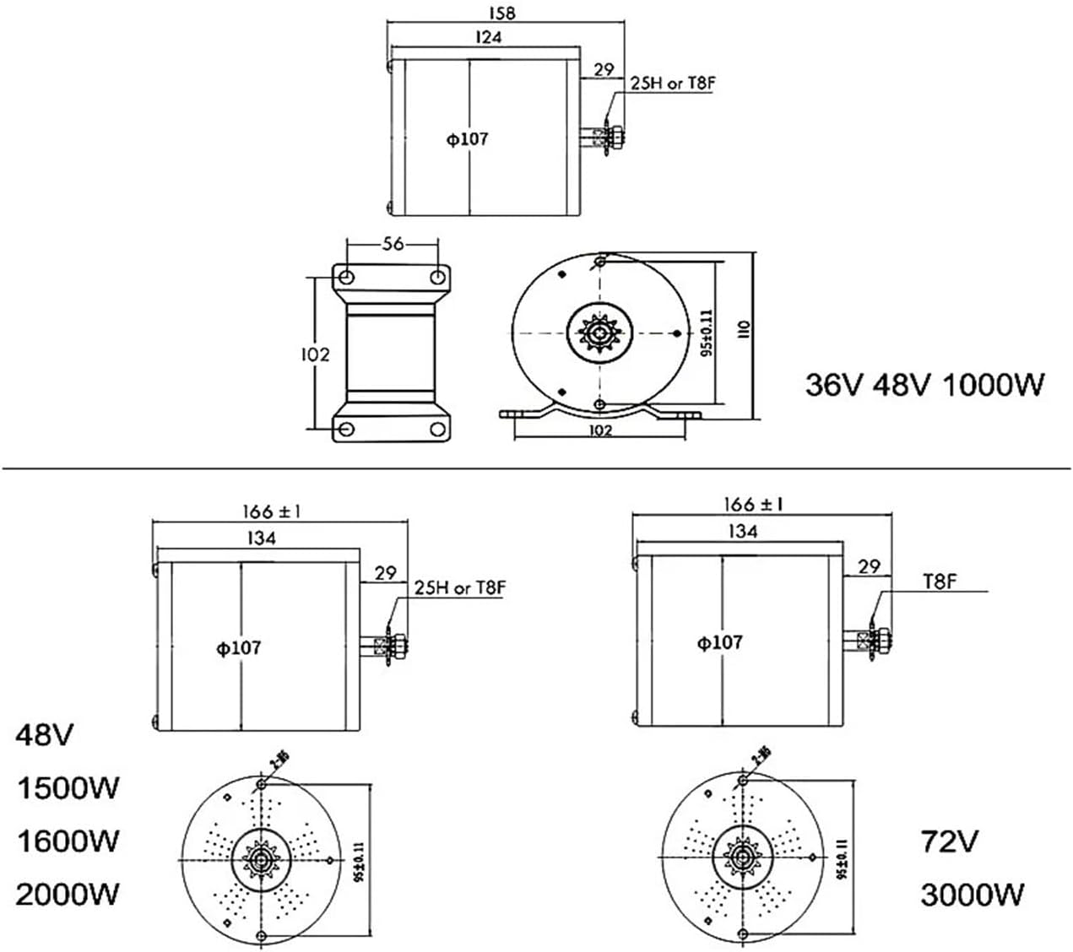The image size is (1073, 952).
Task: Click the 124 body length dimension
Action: (x=489, y=37)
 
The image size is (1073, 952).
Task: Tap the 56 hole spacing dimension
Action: (x=393, y=244)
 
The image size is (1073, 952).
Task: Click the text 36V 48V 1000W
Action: (x=925, y=385)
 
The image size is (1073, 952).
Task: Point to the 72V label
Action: (x=950, y=841)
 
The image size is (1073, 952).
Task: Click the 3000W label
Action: (x=973, y=894)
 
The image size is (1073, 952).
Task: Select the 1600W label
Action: (x=68, y=841)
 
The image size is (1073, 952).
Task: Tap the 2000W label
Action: (x=68, y=894)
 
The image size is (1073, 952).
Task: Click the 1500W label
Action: (x=68, y=788)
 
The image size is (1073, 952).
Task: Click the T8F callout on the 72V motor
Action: (x=939, y=581)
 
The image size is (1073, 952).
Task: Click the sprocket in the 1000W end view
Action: (x=599, y=331)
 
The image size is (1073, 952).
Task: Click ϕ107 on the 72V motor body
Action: (x=719, y=643)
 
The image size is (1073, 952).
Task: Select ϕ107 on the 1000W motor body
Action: (x=468, y=139)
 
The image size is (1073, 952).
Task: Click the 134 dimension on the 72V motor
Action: (x=741, y=532)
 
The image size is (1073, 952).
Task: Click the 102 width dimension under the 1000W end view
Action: (x=599, y=430)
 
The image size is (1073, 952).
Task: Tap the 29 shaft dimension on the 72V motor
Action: (x=869, y=567)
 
